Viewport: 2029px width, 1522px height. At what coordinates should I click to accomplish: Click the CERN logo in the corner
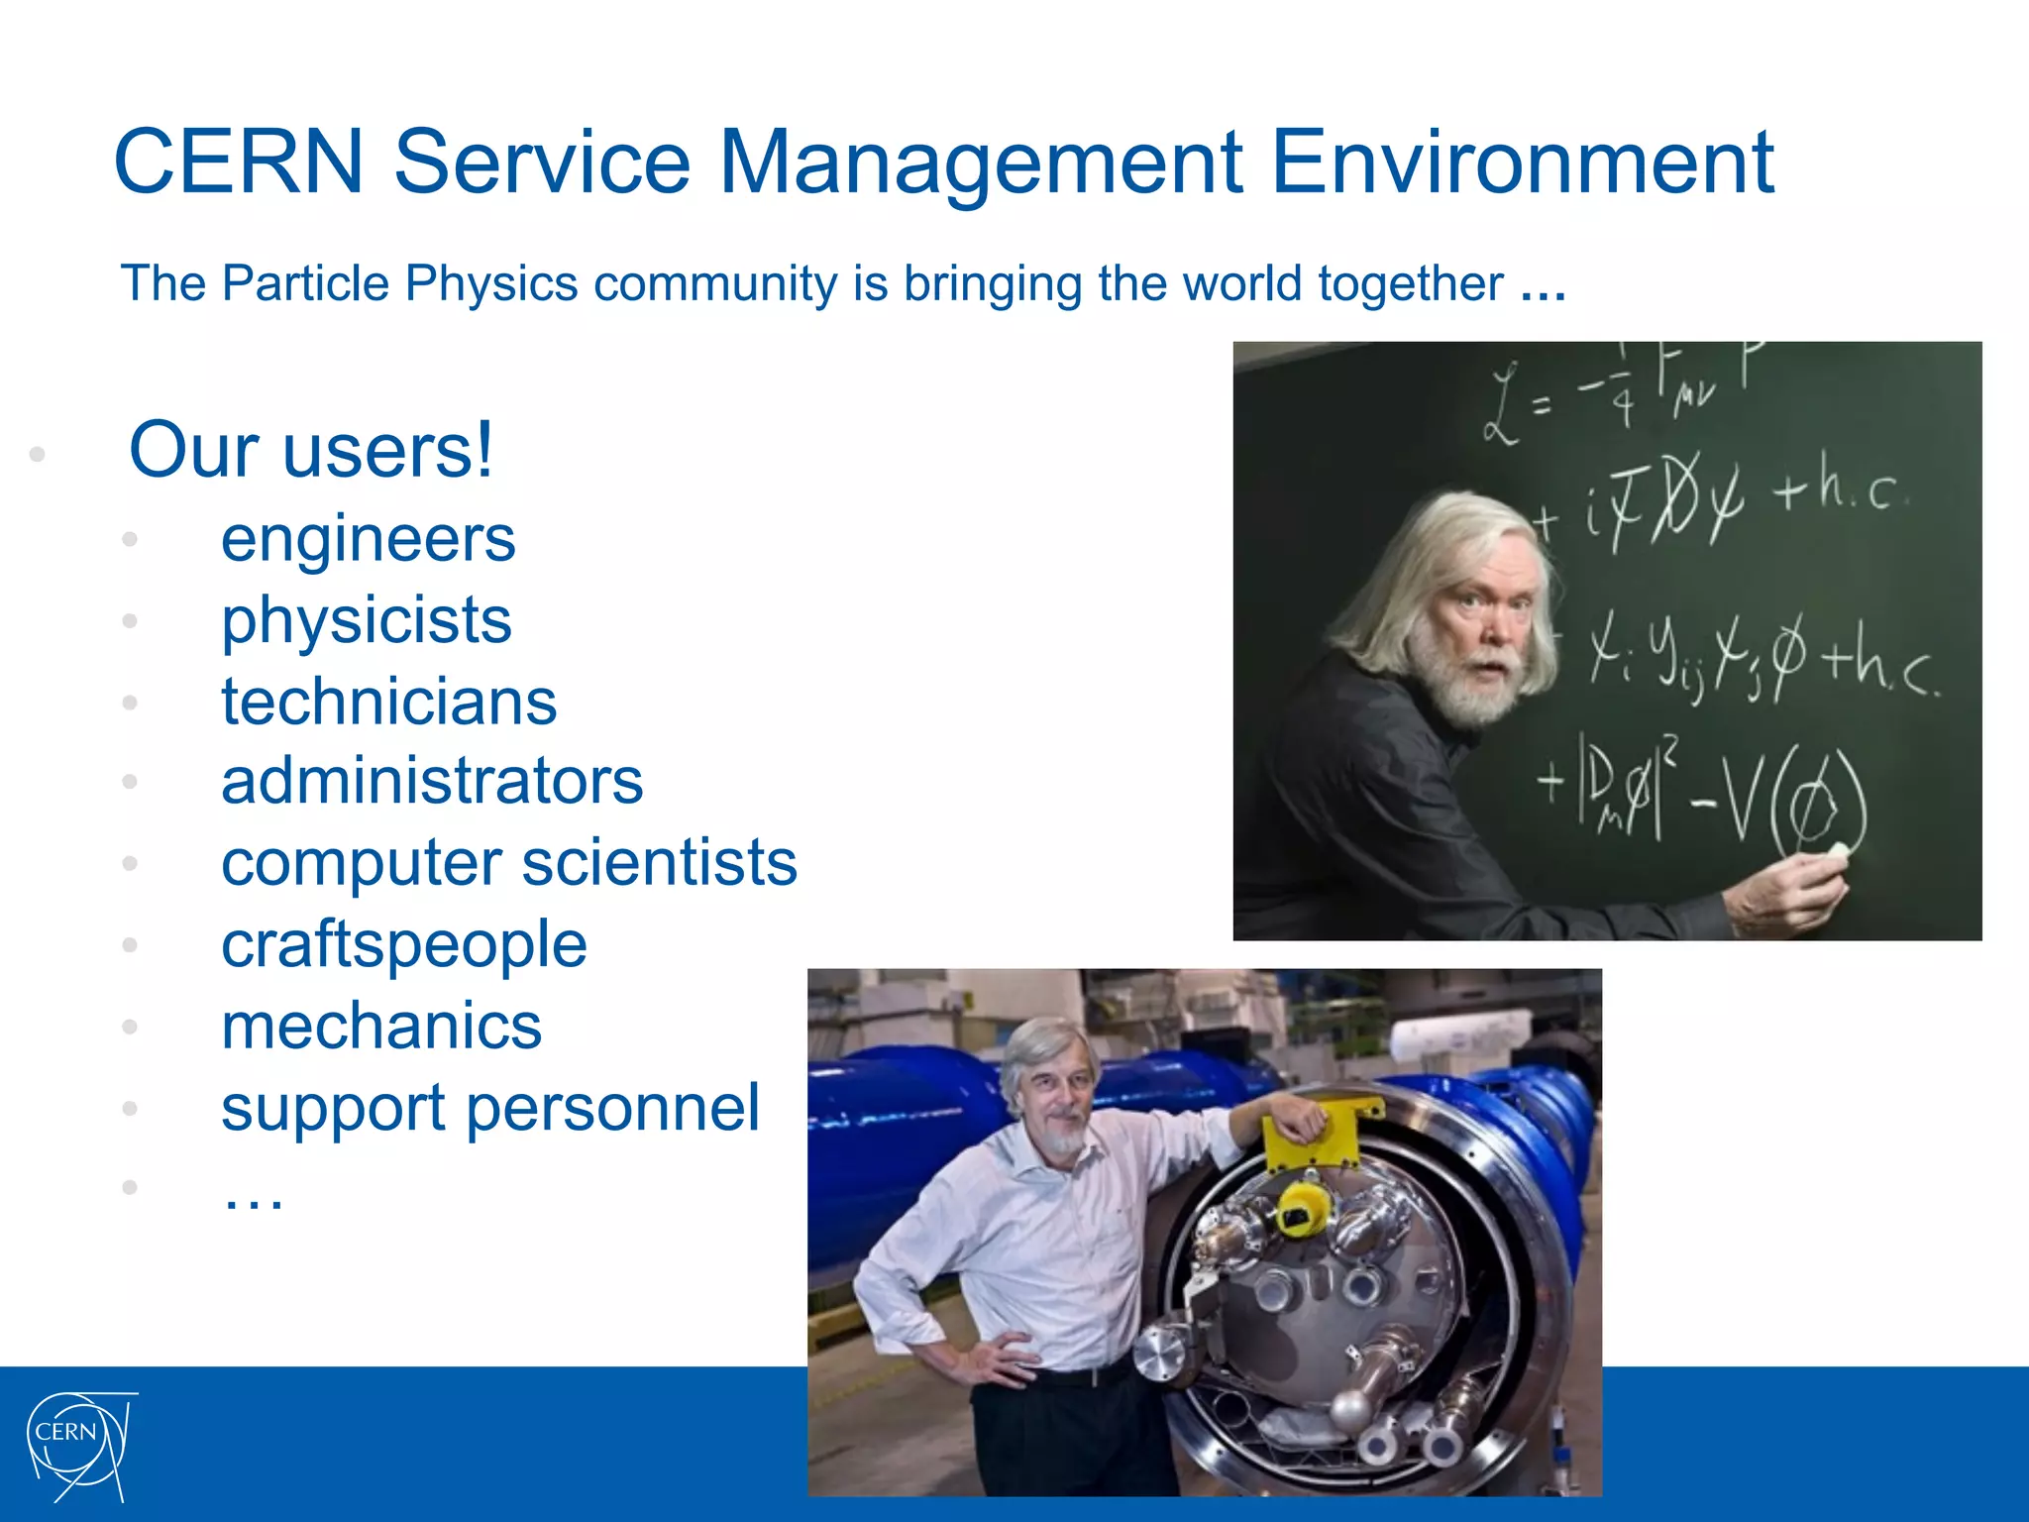point(79,1446)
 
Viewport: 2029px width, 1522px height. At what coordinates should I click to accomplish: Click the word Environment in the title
point(1522,162)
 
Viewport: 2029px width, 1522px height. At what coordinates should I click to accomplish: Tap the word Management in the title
point(980,162)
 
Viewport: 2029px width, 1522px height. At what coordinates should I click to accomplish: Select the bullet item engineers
point(368,540)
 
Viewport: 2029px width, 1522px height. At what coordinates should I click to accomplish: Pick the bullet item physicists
point(366,622)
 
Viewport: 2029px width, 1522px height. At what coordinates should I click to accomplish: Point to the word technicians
point(388,703)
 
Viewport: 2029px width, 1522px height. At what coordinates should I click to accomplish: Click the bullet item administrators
point(432,782)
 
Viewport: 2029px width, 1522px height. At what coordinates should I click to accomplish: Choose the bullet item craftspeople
point(403,944)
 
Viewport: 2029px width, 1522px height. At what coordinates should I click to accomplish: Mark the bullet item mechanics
point(381,1027)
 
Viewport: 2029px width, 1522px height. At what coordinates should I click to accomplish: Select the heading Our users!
point(310,451)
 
